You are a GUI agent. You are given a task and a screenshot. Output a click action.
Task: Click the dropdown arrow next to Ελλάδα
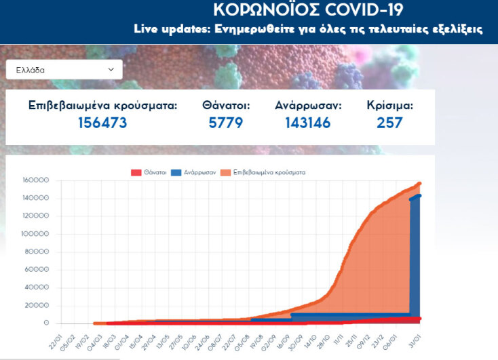tap(111, 69)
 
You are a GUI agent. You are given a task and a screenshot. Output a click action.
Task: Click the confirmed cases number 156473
tap(102, 123)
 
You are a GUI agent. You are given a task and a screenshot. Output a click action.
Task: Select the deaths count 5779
tap(226, 123)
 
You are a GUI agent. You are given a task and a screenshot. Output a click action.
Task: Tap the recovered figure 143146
tap(308, 123)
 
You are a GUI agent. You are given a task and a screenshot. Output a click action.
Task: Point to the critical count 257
tap(389, 123)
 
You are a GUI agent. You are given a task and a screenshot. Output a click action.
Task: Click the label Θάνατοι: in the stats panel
tap(226, 106)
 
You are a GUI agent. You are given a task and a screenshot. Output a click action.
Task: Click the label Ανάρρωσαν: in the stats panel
tap(308, 106)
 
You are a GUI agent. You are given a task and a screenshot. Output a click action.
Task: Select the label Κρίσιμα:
tap(389, 106)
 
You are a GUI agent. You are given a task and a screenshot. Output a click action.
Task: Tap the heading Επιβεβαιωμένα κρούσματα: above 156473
tap(102, 106)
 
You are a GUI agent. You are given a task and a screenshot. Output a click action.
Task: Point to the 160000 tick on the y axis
tap(35, 180)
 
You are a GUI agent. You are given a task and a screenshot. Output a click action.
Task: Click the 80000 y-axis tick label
tap(37, 252)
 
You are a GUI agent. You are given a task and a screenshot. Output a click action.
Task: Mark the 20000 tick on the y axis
tap(37, 306)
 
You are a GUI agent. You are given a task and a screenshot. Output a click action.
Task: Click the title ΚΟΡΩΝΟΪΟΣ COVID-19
tap(307, 10)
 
